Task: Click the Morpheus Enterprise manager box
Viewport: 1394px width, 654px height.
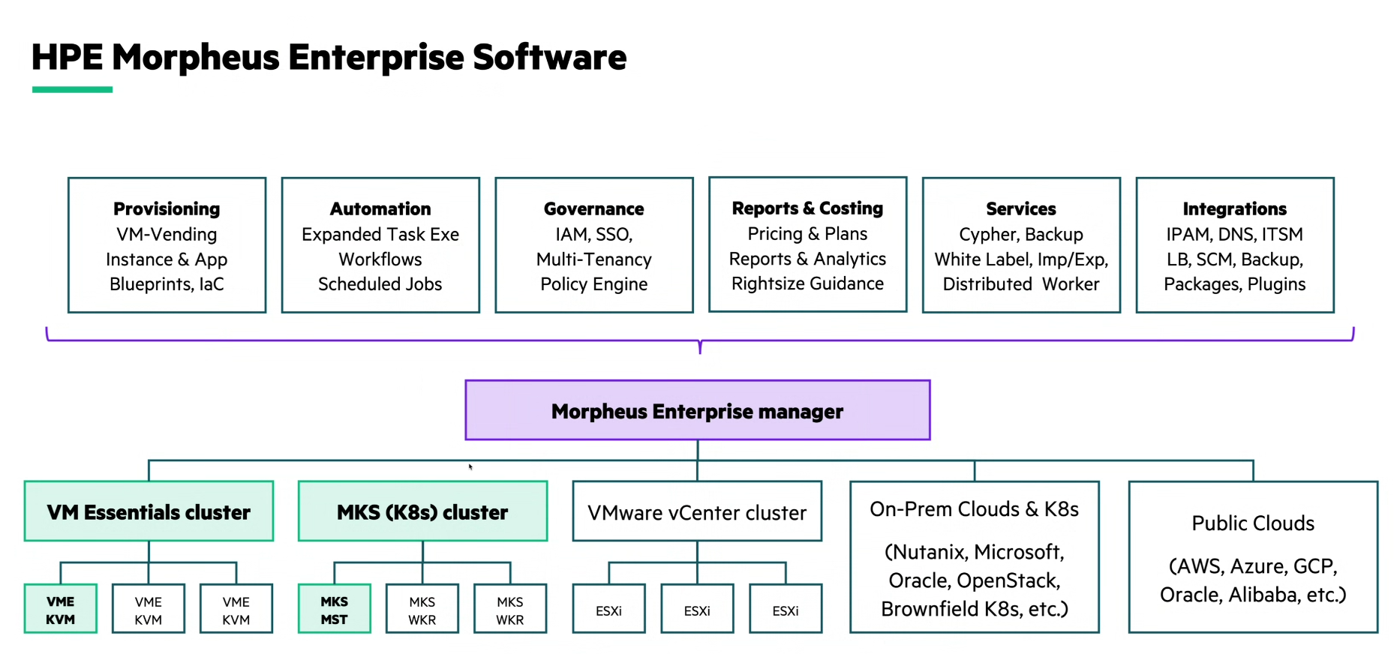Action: [x=697, y=410]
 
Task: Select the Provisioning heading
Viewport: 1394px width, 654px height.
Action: [x=167, y=208]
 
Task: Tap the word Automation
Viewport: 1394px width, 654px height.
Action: [x=380, y=208]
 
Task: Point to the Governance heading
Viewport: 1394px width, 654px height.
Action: [x=593, y=208]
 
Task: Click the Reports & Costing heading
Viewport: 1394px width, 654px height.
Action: [x=807, y=208]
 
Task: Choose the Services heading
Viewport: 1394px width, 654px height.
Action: [x=1020, y=208]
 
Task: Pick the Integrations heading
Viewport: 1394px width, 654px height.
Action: [x=1234, y=208]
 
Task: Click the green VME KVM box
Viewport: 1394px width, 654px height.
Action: [x=61, y=610]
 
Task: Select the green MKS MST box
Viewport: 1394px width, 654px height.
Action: [x=335, y=610]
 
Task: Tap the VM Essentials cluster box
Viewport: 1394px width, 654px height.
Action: [x=149, y=511]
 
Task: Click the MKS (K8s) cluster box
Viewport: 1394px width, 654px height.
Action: [x=422, y=511]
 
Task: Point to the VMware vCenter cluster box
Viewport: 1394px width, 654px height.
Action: [x=697, y=512]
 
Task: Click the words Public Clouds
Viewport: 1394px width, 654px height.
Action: [x=1253, y=523]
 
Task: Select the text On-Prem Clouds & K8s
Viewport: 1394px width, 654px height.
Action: [x=974, y=509]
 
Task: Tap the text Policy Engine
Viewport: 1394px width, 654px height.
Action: [x=593, y=284]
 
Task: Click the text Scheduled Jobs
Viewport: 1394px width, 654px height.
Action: [x=380, y=284]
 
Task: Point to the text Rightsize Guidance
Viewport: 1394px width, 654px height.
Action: [x=807, y=283]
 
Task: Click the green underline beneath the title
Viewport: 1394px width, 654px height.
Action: [x=72, y=89]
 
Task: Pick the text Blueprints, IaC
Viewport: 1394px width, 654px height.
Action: [x=167, y=284]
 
